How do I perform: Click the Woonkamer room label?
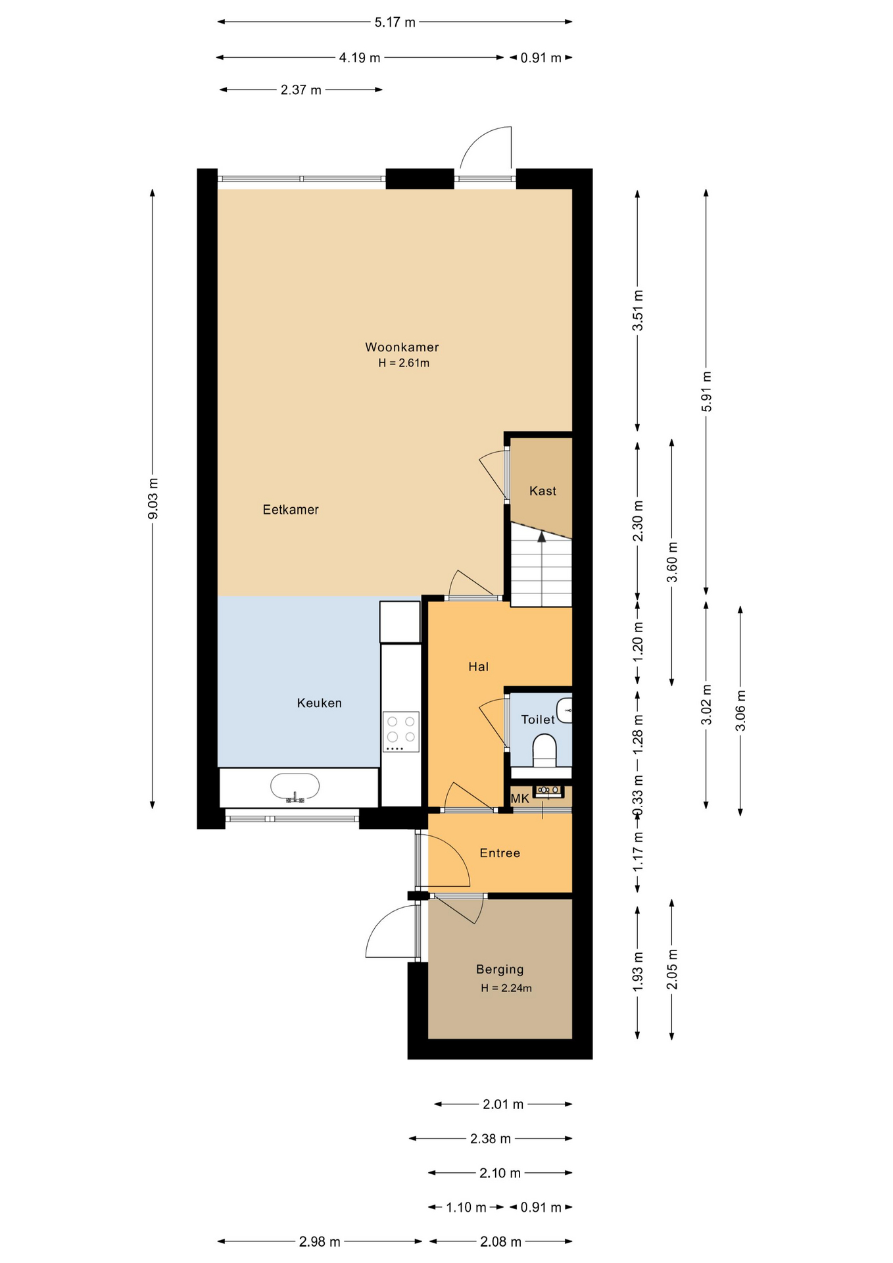[x=402, y=347]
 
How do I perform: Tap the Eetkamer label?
[x=291, y=509]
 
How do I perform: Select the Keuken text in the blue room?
[x=319, y=703]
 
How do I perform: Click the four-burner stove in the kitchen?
[x=401, y=731]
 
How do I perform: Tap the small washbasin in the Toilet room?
[x=564, y=710]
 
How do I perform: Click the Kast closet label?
[x=543, y=491]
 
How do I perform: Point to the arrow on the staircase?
[x=542, y=537]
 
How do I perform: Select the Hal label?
[x=478, y=666]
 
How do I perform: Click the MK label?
[x=519, y=799]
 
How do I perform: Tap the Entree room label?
[x=500, y=853]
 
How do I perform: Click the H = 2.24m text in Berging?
[x=506, y=987]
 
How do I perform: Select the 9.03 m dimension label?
[x=153, y=499]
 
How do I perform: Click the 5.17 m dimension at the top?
[x=395, y=22]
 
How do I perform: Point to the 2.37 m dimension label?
[x=301, y=90]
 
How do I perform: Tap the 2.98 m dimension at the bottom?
[x=320, y=1241]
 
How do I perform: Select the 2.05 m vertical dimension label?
[x=671, y=969]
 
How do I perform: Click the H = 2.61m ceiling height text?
[x=403, y=363]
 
